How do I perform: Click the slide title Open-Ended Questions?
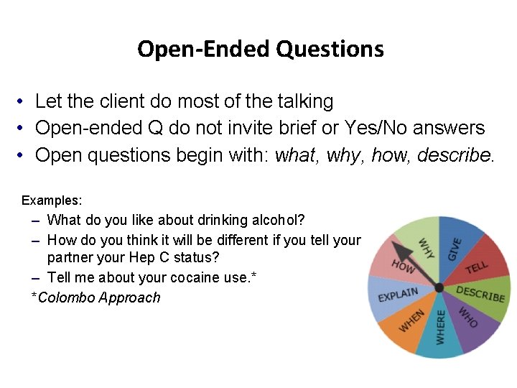(x=260, y=49)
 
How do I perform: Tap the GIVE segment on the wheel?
(x=456, y=248)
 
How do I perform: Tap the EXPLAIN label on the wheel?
(x=397, y=295)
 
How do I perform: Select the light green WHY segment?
(x=424, y=246)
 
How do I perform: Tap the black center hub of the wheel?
(x=439, y=288)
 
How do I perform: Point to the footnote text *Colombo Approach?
(x=96, y=297)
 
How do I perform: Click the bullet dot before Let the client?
(x=24, y=102)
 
